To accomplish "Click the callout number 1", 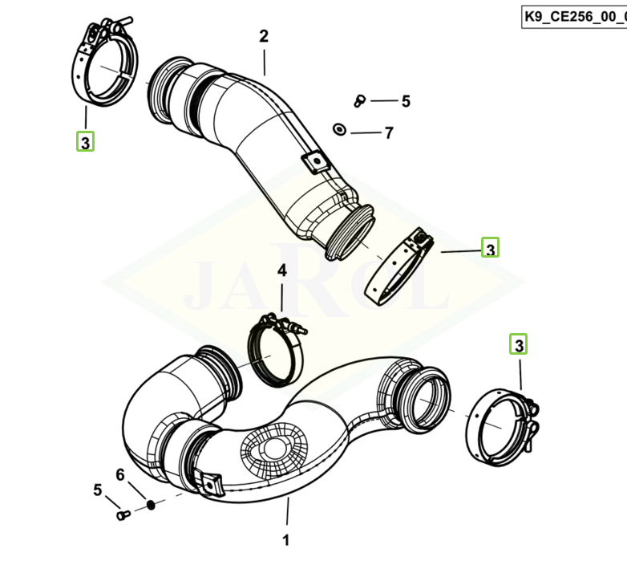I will click(x=285, y=540).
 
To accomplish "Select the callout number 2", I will click(x=264, y=36).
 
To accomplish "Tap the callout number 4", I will click(x=281, y=271).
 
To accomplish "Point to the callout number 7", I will click(x=389, y=132).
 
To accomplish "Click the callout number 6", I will click(x=120, y=475).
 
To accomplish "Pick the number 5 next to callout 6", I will click(x=98, y=490).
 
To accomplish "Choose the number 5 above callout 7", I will click(x=406, y=101).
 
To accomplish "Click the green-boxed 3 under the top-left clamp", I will click(x=85, y=142).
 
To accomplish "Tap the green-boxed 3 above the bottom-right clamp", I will click(x=520, y=345).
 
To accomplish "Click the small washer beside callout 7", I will click(x=340, y=130).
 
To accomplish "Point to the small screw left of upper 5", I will click(x=359, y=101).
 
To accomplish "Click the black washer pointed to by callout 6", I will click(x=150, y=505).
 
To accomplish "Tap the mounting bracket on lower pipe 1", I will click(x=211, y=482).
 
